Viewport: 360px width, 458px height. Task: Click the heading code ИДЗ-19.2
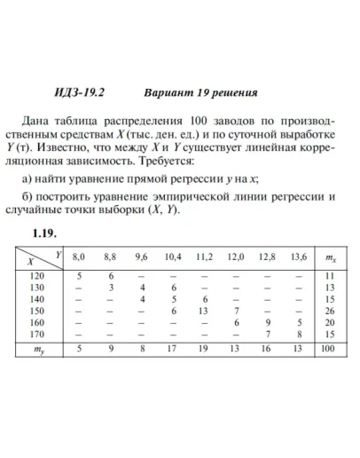coord(80,92)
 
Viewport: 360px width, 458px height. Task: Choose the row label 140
coord(37,300)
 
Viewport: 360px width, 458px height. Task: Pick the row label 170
coord(37,335)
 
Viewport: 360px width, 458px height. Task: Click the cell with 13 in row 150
coord(204,312)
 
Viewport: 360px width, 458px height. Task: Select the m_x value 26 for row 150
coord(330,312)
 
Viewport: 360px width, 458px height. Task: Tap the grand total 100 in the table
coord(330,351)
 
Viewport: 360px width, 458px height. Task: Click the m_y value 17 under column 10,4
coord(173,351)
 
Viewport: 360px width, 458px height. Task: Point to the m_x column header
coord(330,257)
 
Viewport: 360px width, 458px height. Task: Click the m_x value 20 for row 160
coord(330,323)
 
